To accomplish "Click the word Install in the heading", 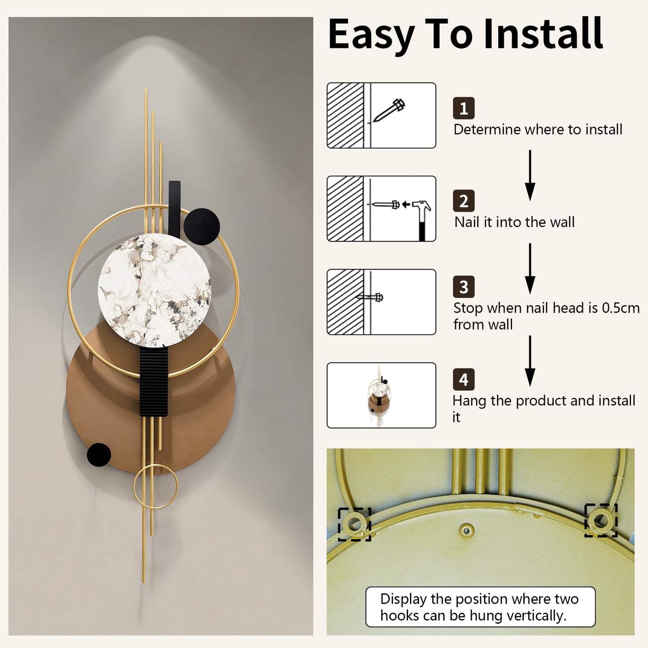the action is tap(544, 34).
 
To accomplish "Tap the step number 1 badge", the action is tap(463, 108).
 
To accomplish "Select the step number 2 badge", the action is tap(463, 201).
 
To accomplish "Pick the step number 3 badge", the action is tap(463, 287).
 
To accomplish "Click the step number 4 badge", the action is tap(463, 379).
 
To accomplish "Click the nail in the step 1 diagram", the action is tap(389, 109).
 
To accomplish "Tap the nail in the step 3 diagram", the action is tap(370, 297).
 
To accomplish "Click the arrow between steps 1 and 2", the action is tap(530, 175).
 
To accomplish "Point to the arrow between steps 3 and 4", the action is tap(530, 361).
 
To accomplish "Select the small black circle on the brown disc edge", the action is tap(99, 455).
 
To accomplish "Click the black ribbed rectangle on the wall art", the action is tap(154, 382).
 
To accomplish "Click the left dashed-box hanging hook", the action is tap(354, 524).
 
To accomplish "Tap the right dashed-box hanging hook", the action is tap(600, 520).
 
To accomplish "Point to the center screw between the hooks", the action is tap(466, 531).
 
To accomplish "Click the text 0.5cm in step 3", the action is tap(621, 308).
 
